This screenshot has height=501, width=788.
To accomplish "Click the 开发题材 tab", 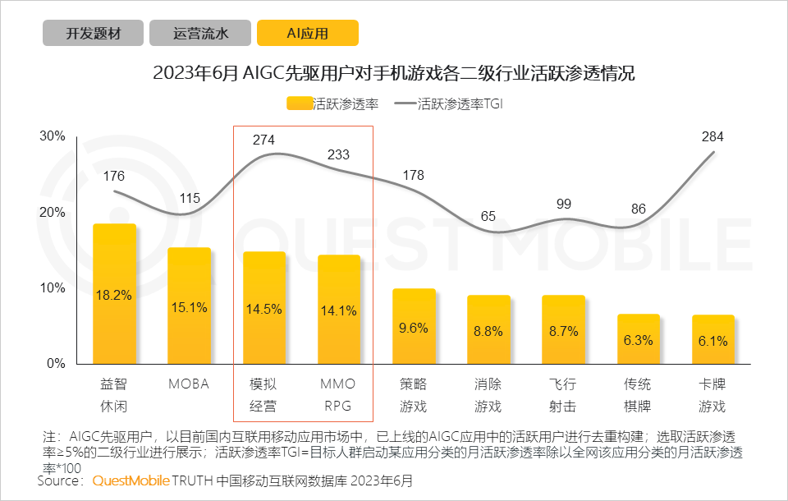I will click(93, 34).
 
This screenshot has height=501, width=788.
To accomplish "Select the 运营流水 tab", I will click(200, 34).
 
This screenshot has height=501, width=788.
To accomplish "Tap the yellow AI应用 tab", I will click(307, 34).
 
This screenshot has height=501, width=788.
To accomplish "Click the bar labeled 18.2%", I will click(114, 293).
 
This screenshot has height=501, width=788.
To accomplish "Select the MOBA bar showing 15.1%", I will click(189, 306).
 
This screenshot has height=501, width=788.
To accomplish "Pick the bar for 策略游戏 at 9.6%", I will click(414, 326).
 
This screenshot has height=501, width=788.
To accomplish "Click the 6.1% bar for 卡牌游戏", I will click(712, 339).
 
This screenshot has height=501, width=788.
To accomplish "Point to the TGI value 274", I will click(263, 140).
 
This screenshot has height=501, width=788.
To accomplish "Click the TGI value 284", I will click(712, 136).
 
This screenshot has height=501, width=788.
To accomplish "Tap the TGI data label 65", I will click(488, 217).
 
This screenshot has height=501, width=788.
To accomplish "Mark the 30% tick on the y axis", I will click(53, 136).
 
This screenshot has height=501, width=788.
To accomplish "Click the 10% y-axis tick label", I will click(53, 288).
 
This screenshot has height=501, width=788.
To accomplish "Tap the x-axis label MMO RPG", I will click(338, 395).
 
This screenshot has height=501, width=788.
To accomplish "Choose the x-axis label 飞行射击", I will click(563, 395).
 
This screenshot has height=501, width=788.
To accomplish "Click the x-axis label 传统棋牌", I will click(638, 395).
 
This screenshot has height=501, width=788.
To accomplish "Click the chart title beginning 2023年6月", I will click(394, 73).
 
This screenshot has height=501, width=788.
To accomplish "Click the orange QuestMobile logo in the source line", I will click(131, 480).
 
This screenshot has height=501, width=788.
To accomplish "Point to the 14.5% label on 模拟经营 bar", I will click(263, 310).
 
